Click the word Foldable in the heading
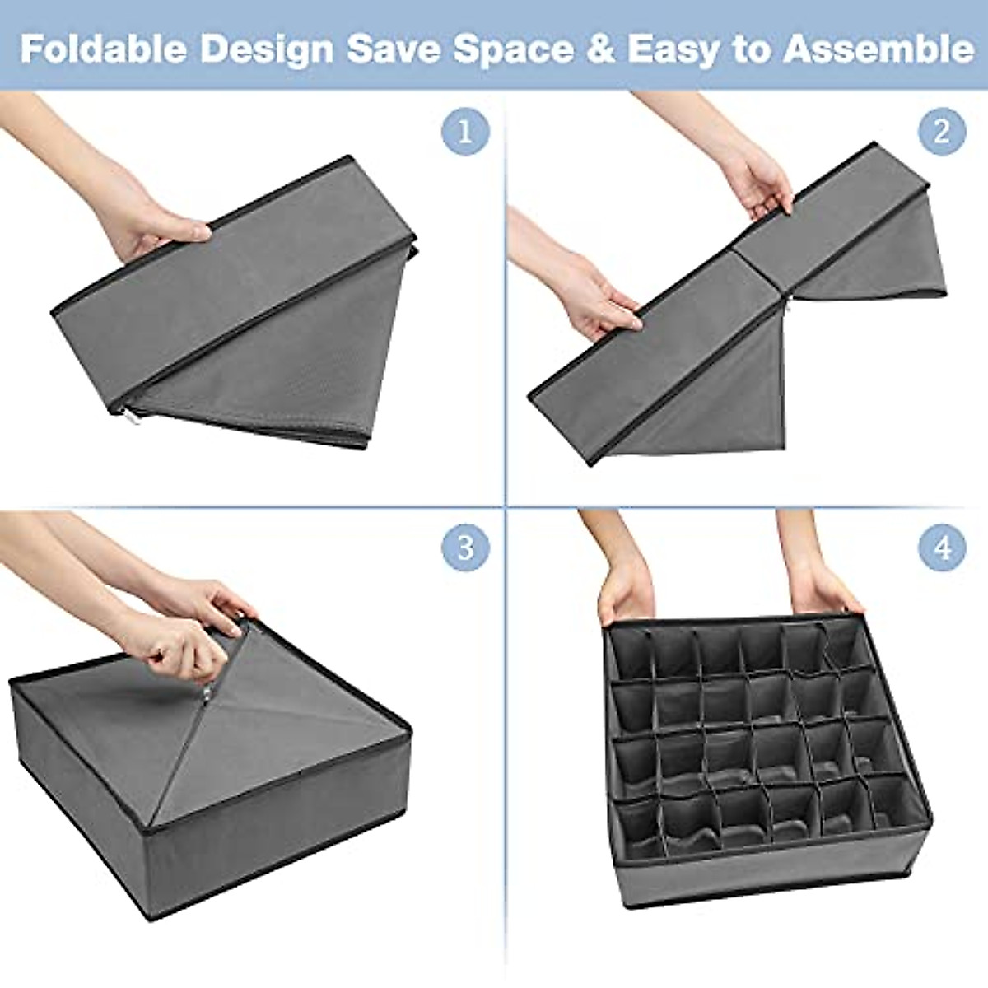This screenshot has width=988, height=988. (x=103, y=49)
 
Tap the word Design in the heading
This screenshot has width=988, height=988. (x=267, y=49)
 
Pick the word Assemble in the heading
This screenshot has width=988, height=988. (x=878, y=49)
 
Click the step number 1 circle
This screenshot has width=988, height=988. (x=465, y=132)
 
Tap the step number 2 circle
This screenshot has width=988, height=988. (x=942, y=132)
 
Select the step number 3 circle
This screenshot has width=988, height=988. (x=465, y=548)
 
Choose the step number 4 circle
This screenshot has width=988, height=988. (x=942, y=548)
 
